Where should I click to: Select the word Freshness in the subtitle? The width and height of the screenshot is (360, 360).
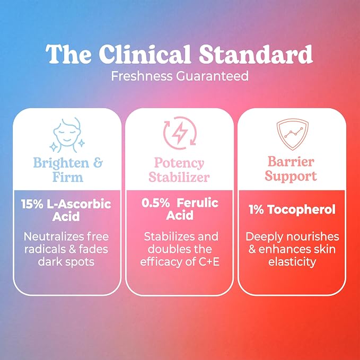click(142, 76)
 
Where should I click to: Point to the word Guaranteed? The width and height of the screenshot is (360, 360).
click(213, 76)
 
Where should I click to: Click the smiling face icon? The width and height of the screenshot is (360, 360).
click(67, 135)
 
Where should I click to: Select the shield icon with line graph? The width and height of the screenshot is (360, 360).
click(293, 134)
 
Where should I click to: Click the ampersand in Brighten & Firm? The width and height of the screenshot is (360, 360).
click(98, 163)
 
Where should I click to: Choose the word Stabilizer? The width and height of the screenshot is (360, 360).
click(179, 177)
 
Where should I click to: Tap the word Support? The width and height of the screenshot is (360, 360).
click(291, 177)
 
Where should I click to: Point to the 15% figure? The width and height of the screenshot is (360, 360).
click(32, 204)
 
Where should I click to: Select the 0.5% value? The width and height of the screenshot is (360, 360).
click(156, 203)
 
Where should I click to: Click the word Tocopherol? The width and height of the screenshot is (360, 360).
click(302, 210)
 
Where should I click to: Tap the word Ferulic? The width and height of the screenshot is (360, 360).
click(198, 203)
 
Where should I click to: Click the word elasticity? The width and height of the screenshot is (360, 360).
click(292, 262)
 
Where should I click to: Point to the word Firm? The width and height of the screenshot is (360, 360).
click(68, 177)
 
